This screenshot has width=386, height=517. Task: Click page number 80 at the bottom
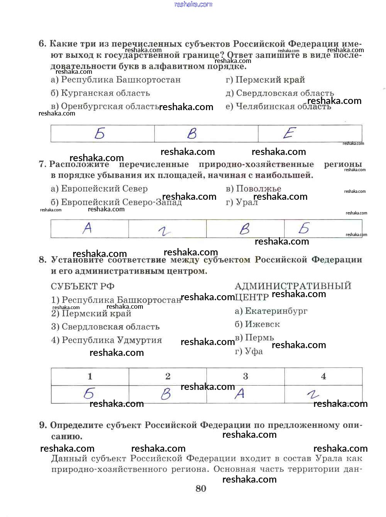[201, 488]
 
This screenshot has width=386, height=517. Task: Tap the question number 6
[42, 44]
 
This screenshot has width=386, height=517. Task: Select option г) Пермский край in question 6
[265, 80]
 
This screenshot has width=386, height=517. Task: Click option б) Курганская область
[100, 93]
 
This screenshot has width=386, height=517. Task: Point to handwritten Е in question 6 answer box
[289, 133]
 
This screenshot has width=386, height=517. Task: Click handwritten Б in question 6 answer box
[100, 134]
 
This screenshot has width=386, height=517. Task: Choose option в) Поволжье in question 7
[253, 189]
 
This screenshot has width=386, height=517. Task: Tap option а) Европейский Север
[99, 189]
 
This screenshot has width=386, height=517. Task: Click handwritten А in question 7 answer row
[88, 228]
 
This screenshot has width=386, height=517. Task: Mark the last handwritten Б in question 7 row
[304, 228]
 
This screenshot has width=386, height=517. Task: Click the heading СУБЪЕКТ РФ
[83, 286]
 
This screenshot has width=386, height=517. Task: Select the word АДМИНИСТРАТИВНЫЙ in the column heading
[293, 286]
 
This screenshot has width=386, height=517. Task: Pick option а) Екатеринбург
[271, 311]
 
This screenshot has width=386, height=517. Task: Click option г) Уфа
[249, 351]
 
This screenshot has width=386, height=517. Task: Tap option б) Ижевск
[257, 325]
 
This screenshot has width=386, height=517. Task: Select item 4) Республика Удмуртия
[107, 340]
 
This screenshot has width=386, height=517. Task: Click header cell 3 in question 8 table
[245, 376]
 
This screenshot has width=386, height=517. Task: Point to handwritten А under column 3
[240, 393]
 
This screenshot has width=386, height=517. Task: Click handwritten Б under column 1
[89, 393]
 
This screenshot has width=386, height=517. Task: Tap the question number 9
[43, 425]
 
